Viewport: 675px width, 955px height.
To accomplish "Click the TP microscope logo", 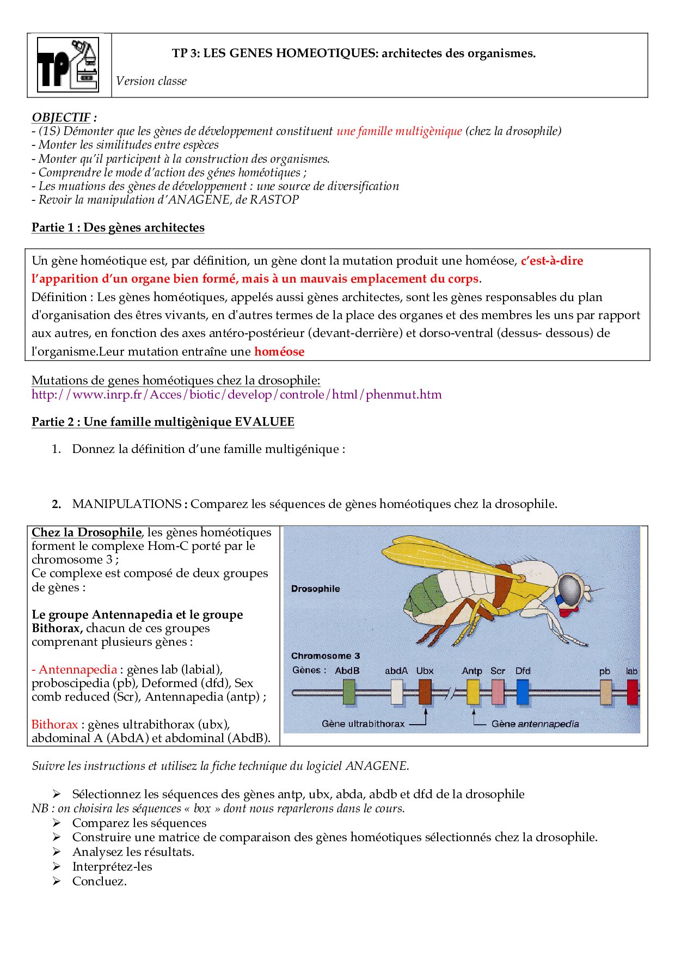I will point(68,65).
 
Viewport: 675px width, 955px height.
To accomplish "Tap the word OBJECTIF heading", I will point(61,118).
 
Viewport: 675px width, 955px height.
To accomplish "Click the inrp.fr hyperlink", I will point(236,395).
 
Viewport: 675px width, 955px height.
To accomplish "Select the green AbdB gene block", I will point(349,692).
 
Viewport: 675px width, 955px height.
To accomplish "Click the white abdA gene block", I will point(397,692).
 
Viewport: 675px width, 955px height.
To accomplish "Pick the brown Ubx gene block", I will point(425,692).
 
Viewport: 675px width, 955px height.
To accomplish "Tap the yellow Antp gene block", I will point(473,692).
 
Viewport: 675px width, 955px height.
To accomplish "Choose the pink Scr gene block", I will point(498,692).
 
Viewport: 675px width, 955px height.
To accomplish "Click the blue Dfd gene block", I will point(522,692).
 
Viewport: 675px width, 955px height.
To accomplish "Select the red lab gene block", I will point(632,692).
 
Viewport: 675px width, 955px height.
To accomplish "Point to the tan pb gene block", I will point(605,692).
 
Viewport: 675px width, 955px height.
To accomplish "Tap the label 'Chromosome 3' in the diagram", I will point(326,656).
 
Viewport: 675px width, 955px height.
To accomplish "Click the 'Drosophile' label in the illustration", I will point(315,589).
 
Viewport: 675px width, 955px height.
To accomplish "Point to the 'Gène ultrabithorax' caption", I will point(363,724).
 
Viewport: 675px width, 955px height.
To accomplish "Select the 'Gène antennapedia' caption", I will point(535,724).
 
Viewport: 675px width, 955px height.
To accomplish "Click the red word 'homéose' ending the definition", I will point(279,352).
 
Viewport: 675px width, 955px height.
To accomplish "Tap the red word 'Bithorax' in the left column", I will point(54,725).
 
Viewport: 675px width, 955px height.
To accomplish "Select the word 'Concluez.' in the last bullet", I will point(100,881).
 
